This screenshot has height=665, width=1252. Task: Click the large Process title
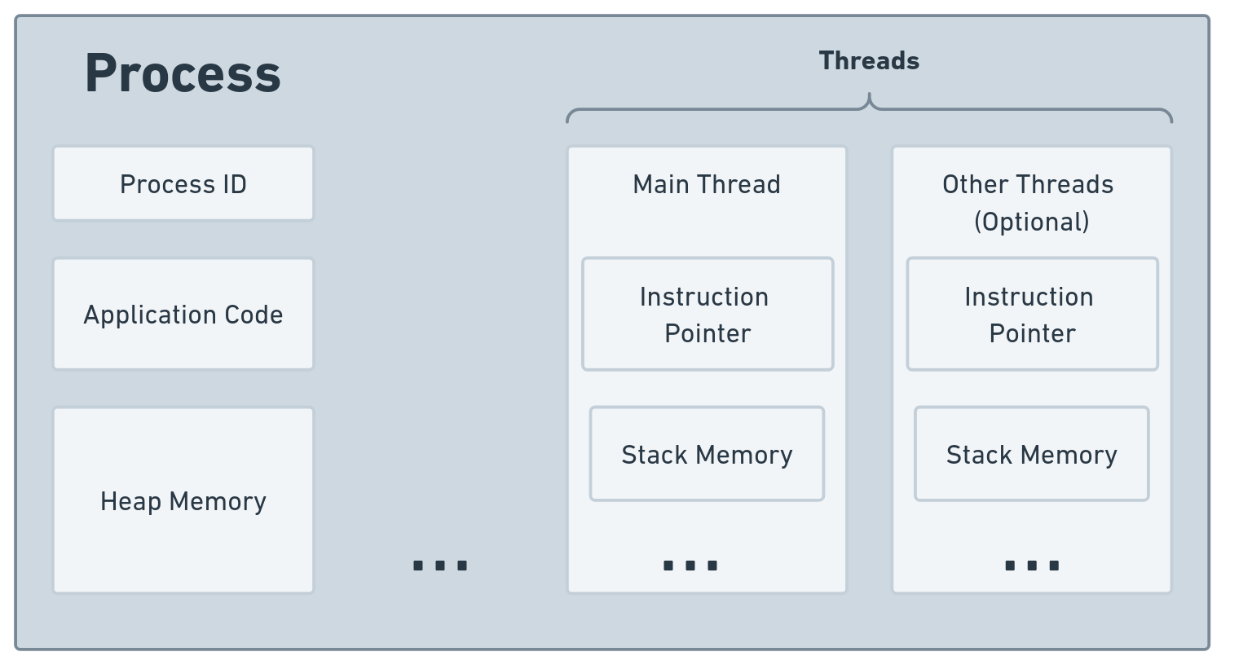(183, 73)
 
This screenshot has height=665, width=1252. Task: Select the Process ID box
(183, 184)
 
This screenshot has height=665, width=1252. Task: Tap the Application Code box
(183, 315)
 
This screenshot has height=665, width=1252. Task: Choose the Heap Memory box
(183, 500)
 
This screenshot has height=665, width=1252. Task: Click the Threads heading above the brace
(869, 61)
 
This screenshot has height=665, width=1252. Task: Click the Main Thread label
(707, 184)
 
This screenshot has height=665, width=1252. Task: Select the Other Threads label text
(1028, 184)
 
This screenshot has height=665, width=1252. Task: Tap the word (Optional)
(1032, 222)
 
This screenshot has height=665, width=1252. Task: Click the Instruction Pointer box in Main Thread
(708, 315)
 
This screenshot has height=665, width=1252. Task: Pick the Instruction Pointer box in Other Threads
(1032, 315)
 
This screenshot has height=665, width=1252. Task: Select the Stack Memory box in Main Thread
(707, 454)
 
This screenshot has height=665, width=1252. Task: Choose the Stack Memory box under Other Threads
(1031, 454)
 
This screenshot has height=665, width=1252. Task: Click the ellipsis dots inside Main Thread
(690, 565)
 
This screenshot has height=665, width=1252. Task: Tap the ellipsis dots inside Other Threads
(1032, 565)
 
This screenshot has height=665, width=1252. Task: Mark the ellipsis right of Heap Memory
(440, 565)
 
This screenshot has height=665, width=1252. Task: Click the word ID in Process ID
(234, 184)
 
